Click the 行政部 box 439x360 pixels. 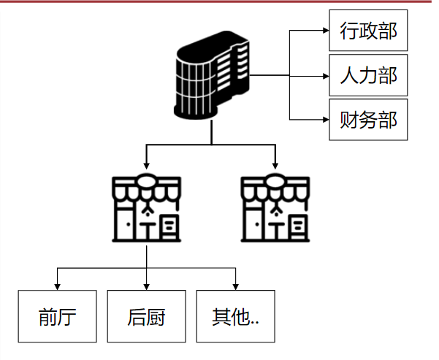click(368, 31)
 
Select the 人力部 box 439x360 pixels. click(368, 75)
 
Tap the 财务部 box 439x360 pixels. click(368, 119)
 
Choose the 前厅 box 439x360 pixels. click(58, 316)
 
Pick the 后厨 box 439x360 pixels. click(147, 316)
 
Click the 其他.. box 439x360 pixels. click(236, 316)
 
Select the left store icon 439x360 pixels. click(147, 209)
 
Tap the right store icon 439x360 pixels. click(275, 209)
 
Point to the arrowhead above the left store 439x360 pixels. click(147, 166)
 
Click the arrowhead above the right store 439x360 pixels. click(275, 166)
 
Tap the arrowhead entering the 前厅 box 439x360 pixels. click(58, 286)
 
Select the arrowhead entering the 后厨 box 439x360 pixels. click(147, 286)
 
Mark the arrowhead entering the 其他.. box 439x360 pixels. click(236, 286)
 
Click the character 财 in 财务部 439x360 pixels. click(350, 119)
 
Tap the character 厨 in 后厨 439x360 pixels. click(156, 317)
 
